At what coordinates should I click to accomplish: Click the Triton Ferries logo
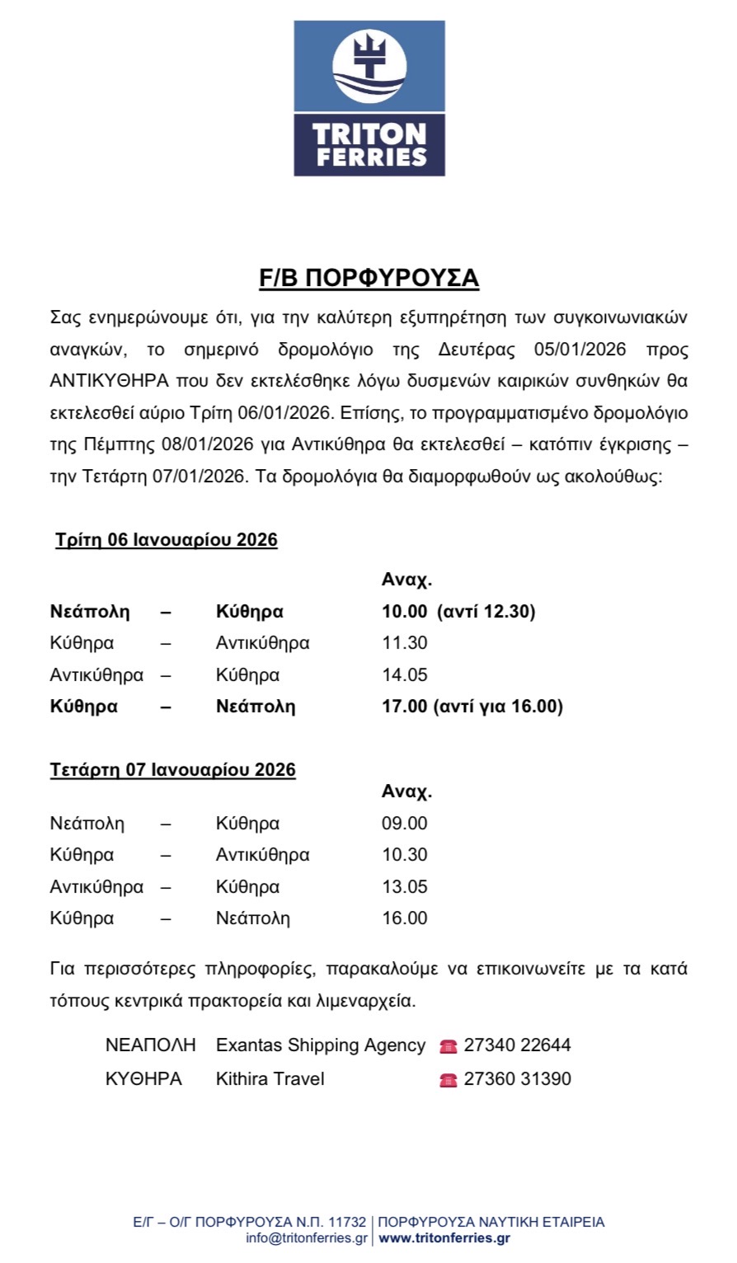point(368,98)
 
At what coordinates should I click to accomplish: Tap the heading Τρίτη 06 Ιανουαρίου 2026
point(166,541)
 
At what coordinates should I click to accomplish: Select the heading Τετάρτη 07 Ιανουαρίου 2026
point(172,770)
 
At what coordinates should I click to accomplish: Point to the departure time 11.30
point(404,643)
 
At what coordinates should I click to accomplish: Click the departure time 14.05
point(404,675)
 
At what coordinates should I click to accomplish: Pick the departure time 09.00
point(404,823)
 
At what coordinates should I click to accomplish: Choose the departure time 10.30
point(404,855)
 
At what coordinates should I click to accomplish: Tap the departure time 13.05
point(404,887)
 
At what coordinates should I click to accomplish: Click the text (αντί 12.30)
point(486,612)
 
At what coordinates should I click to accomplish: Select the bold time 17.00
point(404,707)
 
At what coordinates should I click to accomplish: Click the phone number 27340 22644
point(517,1045)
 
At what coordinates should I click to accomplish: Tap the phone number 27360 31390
point(517,1078)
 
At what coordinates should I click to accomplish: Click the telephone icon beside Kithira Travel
point(448,1079)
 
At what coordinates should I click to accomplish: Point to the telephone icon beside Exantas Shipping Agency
point(448,1046)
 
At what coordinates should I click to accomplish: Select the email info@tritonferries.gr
point(307,1238)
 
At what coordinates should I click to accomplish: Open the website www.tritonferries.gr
point(444,1238)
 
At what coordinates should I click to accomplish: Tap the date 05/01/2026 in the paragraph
point(580,349)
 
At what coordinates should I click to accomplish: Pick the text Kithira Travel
point(270,1078)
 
